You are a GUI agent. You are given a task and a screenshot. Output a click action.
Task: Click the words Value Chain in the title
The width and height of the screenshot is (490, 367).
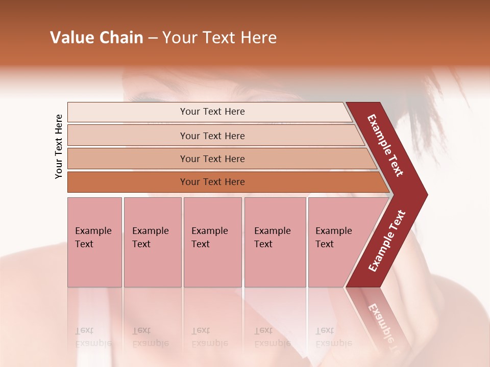[96, 38]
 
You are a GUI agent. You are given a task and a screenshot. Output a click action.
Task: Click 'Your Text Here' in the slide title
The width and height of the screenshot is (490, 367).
[219, 38]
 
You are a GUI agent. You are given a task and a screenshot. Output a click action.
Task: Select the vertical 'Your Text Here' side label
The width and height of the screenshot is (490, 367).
[59, 147]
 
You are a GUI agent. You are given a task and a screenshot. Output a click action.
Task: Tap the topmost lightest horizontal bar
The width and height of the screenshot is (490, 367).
[212, 112]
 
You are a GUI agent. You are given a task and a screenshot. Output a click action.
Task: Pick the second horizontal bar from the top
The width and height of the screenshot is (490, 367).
[212, 136]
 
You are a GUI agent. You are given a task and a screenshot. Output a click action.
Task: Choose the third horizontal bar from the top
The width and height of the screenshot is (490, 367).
[212, 159]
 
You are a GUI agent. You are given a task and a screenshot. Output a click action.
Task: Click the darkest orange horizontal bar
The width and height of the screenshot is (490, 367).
[212, 182]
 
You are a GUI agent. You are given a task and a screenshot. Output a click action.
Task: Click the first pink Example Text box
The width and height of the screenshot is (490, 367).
[94, 242]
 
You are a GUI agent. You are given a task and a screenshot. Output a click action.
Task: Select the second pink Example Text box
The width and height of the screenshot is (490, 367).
[152, 242]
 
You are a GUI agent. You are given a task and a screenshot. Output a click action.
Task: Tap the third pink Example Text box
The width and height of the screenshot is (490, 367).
[212, 242]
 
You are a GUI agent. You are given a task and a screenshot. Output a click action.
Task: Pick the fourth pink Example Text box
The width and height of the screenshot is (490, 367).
[275, 242]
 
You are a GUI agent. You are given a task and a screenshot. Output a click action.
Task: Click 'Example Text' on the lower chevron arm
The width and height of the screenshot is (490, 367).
[387, 241]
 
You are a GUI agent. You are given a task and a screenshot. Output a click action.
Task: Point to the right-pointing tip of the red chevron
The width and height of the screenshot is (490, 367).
[425, 195]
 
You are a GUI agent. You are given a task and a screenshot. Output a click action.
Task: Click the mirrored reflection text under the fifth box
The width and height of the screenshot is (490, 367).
[326, 337]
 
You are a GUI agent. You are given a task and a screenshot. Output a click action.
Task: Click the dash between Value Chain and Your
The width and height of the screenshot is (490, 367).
[153, 38]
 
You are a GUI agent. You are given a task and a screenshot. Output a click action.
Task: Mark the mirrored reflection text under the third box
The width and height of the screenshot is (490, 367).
[209, 337]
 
